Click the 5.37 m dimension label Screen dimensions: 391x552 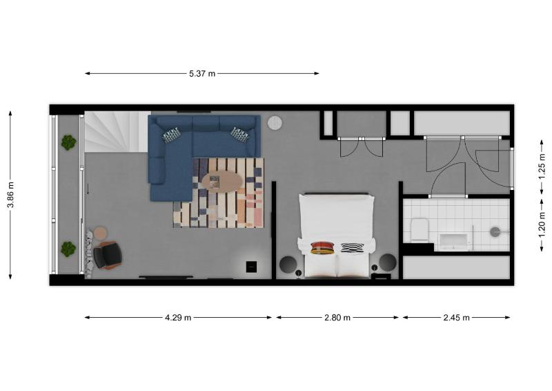tap(202, 73)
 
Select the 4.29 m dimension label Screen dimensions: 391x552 tap(178, 318)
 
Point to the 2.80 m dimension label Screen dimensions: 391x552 tap(337, 318)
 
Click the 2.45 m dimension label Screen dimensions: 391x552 tap(456, 318)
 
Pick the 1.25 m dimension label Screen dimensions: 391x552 tap(542, 166)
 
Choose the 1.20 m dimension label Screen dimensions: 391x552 tap(542, 225)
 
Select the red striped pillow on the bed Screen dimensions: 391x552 tap(323, 247)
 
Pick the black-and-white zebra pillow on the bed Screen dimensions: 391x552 tap(352, 247)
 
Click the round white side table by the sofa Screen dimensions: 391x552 tap(275, 123)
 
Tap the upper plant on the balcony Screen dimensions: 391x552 tap(68, 143)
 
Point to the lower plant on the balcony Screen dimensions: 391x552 tap(68, 249)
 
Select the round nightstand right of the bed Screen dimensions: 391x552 tap(388, 263)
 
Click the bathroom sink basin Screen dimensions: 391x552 tap(453, 241)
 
